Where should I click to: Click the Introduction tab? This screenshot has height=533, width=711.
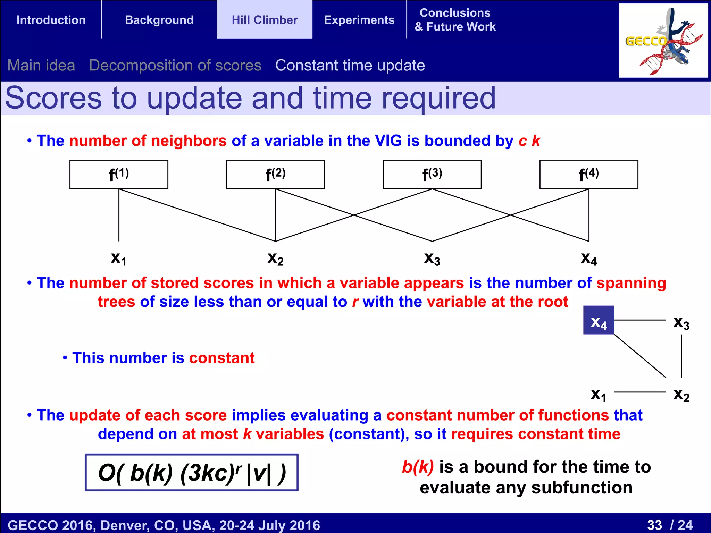pos(51,20)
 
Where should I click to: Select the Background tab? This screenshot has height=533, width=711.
pos(159,20)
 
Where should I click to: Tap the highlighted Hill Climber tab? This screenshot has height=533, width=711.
pos(265,20)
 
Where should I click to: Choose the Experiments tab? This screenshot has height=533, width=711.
pos(359,20)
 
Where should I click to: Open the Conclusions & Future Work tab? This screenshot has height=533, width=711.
pos(455,20)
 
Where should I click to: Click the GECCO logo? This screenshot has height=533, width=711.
pos(663,41)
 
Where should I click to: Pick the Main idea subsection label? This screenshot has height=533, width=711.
pos(41,65)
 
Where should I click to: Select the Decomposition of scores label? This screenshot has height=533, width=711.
pos(175,65)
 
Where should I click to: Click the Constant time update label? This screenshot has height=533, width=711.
pos(350,65)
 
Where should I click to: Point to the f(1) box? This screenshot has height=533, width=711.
pos(119,175)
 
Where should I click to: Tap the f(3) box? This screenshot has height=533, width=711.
pos(432,175)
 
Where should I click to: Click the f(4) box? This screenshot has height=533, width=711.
pos(588,175)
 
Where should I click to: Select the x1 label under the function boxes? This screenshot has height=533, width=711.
pos(119,259)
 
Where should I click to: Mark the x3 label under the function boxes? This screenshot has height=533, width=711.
pos(432,259)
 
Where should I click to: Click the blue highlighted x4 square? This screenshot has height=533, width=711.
pos(599,320)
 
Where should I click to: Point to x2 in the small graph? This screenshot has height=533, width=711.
pos(681,395)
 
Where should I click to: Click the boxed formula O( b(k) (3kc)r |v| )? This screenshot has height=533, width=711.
pos(192,472)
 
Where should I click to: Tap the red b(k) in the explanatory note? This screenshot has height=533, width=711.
pos(418,467)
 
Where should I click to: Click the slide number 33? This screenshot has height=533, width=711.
pos(654,525)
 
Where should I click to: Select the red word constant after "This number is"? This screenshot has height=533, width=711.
pos(222,358)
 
